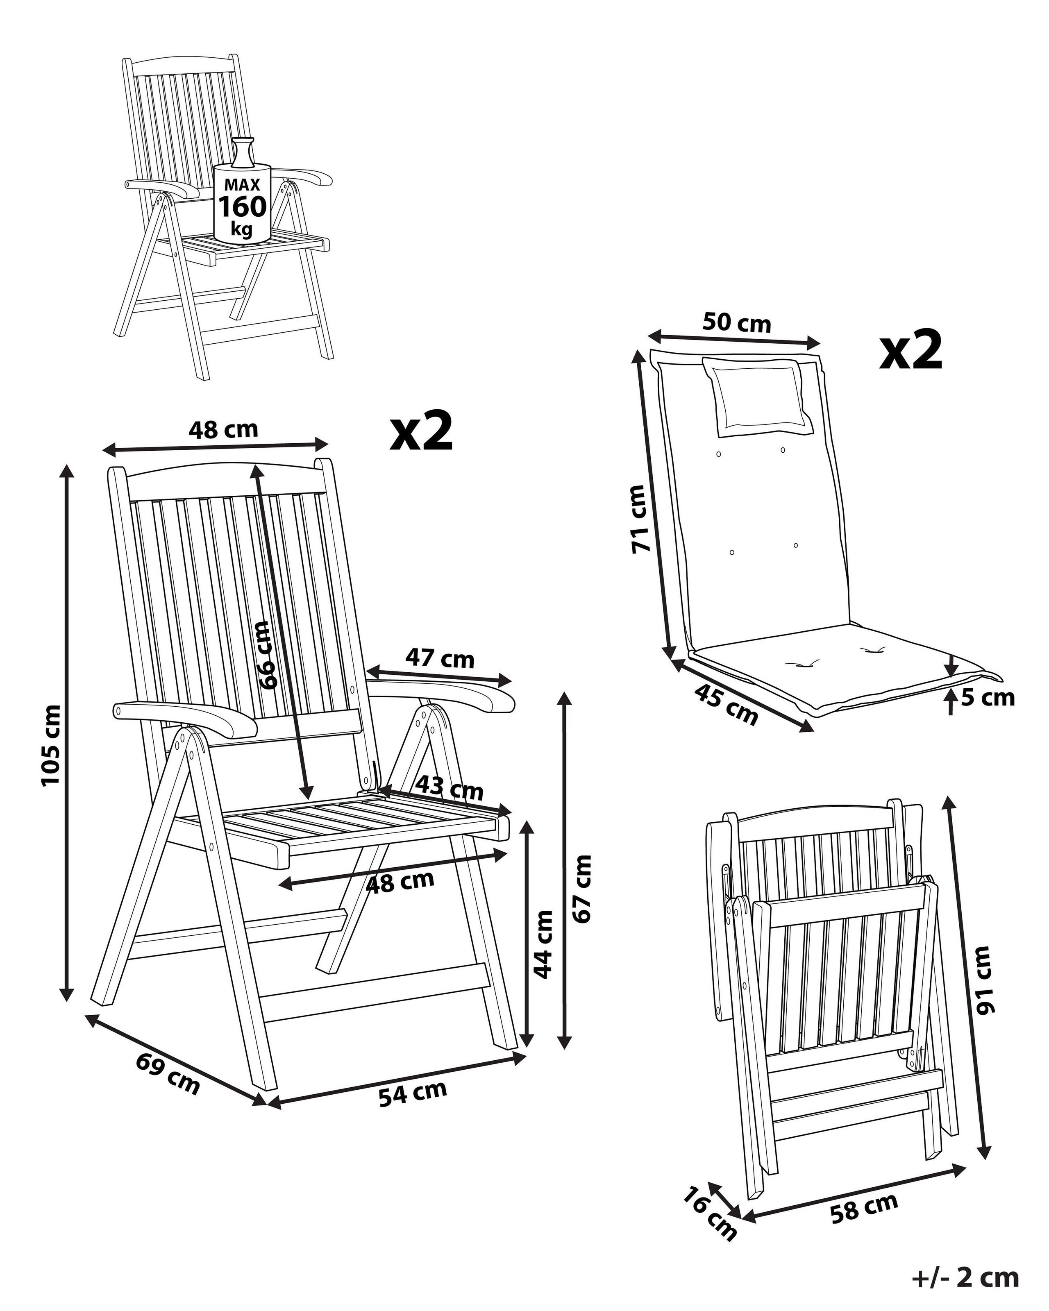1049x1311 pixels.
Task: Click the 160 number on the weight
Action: pos(242,207)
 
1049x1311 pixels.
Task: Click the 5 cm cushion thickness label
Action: pos(988,697)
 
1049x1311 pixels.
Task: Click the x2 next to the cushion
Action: pos(910,351)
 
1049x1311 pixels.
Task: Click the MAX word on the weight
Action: pos(242,185)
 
